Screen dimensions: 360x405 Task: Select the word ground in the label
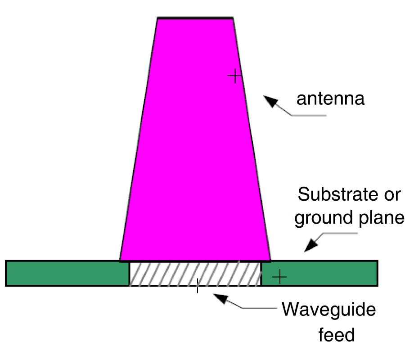[x=321, y=218]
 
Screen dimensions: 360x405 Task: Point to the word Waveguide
[x=328, y=310]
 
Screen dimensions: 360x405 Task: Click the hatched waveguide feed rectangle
[x=195, y=273]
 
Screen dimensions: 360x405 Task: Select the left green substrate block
[x=67, y=273]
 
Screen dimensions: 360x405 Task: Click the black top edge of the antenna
[x=195, y=18]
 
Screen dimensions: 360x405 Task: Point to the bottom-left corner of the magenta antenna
[x=120, y=260]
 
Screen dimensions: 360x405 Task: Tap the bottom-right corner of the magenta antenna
[x=270, y=260]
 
